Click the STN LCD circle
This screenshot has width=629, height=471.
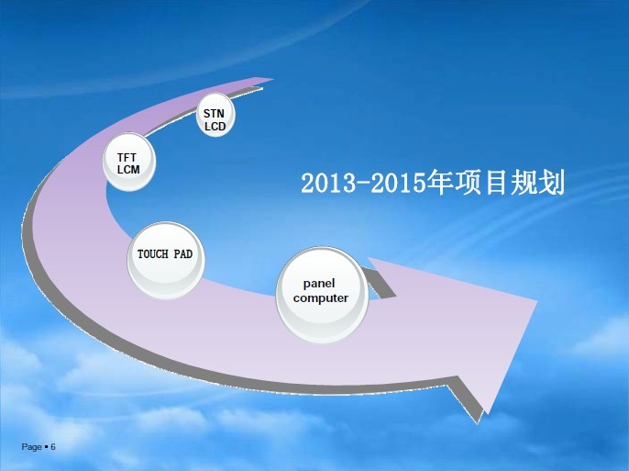point(215,115)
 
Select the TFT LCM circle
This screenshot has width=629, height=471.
point(128,162)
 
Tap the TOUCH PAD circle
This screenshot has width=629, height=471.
point(166,260)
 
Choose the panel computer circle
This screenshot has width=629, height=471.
point(322,295)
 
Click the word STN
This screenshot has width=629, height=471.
point(214,114)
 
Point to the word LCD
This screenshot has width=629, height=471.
point(215,127)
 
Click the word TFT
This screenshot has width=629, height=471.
point(127,157)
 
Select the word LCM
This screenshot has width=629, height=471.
point(128,170)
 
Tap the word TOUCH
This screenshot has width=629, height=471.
point(153,254)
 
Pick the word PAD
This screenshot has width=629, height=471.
point(183,254)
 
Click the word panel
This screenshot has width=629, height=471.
point(319,284)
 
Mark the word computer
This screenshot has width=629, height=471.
point(321,298)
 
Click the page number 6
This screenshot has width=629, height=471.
point(53,447)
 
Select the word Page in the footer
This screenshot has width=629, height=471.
point(32,447)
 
